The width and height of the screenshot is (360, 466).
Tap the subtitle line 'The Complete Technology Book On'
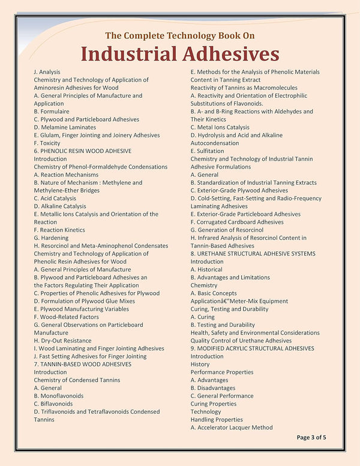[x=180, y=35]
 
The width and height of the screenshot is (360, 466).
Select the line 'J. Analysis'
[x=47, y=72]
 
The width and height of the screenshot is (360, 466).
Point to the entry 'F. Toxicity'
[x=47, y=143]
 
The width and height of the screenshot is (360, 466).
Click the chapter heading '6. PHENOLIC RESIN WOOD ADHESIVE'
[x=83, y=151]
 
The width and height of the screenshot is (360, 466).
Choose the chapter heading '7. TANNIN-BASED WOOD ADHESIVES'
[x=83, y=364]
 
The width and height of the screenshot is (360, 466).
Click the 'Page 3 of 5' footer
[x=311, y=437]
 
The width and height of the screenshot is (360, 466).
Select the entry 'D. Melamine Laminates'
[x=65, y=127]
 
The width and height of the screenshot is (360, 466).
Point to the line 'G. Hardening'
[x=52, y=238]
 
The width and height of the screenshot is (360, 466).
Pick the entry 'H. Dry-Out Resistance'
[x=63, y=341]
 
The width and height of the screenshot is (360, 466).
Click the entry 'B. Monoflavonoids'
[x=59, y=396]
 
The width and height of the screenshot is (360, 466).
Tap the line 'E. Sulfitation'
[x=207, y=151]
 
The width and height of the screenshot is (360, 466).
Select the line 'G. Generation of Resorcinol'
[x=227, y=230]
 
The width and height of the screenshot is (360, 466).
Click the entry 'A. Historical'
[x=206, y=269]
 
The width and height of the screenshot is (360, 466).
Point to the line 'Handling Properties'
[x=217, y=420]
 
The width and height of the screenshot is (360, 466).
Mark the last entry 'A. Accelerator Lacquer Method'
[x=232, y=428]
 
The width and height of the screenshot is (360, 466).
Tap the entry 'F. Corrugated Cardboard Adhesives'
[x=237, y=222]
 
